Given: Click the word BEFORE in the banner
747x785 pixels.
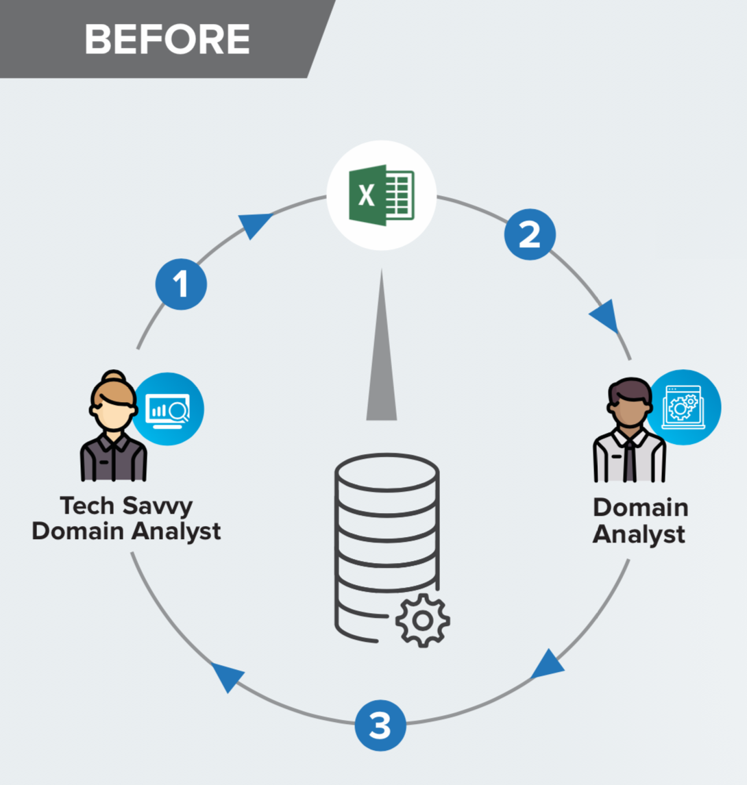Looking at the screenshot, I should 167,39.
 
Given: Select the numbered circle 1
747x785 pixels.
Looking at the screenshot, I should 181,284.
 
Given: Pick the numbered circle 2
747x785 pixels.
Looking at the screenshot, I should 530,234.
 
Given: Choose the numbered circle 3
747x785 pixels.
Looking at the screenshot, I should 380,725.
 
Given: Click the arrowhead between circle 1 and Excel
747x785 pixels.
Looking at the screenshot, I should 255,224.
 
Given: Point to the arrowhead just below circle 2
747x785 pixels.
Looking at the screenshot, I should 605,317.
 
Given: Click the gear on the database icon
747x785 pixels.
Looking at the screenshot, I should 422,620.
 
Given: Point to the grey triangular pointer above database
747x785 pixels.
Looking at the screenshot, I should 382,356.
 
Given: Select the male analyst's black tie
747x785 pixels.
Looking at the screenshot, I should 629,460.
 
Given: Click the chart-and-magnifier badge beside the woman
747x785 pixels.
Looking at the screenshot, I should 167,409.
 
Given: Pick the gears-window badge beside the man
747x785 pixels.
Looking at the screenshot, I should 684,407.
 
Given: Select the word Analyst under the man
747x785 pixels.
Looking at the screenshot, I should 639,534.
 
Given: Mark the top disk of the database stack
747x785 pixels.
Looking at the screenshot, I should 387,469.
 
